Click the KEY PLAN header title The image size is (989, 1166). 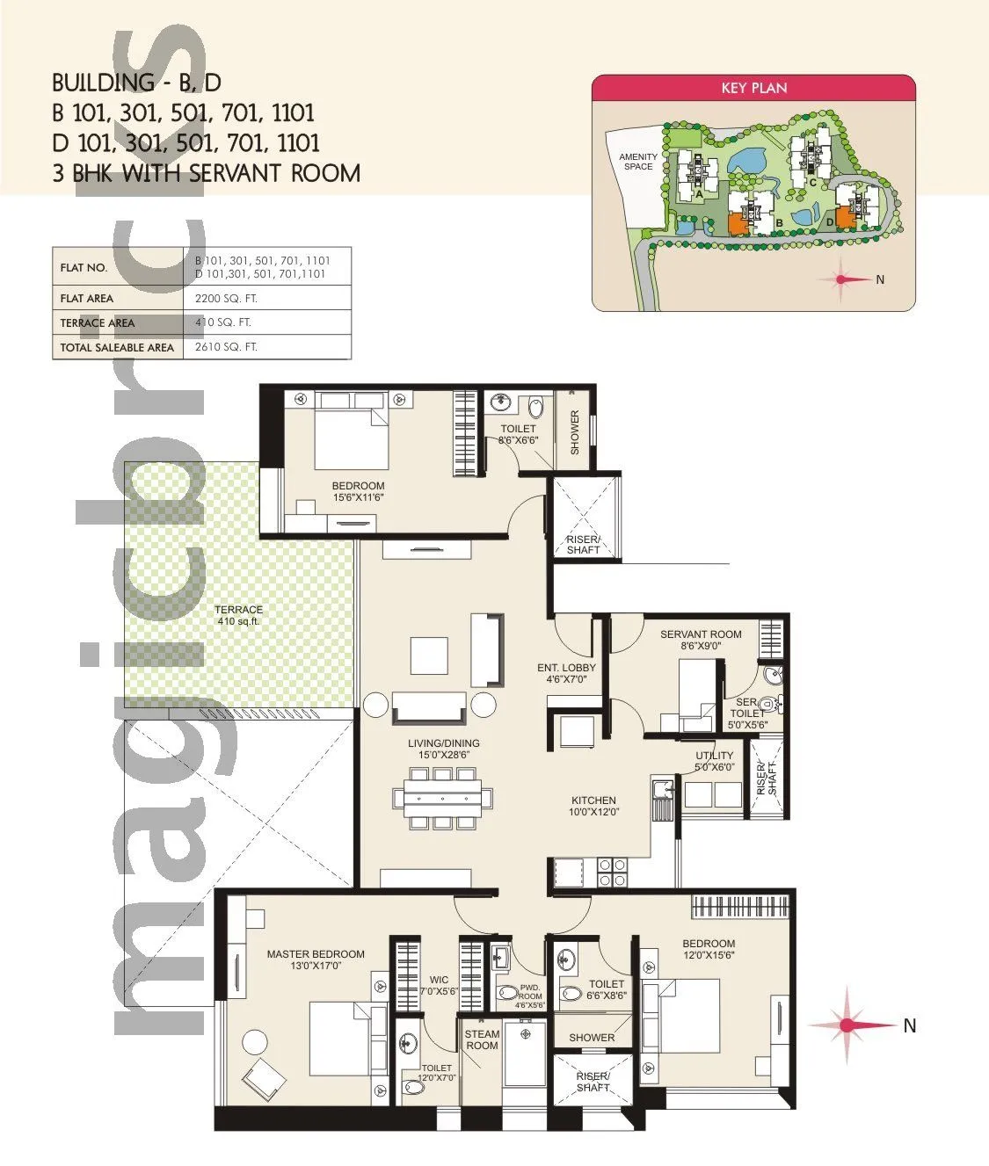pos(753,88)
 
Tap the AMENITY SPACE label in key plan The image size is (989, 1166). pos(638,162)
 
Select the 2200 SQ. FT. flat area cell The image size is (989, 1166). pos(226,299)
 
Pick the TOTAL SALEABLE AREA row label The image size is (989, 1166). pos(117,348)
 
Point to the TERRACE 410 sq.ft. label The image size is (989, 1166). pos(238,615)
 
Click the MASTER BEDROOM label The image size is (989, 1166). pos(316,960)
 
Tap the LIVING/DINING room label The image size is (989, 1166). pos(443,749)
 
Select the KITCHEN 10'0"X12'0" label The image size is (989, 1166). pos(593,806)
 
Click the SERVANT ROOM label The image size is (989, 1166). pos(701,639)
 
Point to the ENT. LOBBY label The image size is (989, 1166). pos(566,673)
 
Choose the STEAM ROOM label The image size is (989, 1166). pos(482,1039)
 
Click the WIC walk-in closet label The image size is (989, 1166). pos(439,985)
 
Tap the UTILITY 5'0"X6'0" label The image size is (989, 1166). pos(714,761)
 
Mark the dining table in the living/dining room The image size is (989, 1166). pos(442,798)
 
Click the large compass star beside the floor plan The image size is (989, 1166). pos(847,1025)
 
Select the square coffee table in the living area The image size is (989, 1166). pos(430,655)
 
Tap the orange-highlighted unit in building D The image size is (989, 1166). pos(845,217)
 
